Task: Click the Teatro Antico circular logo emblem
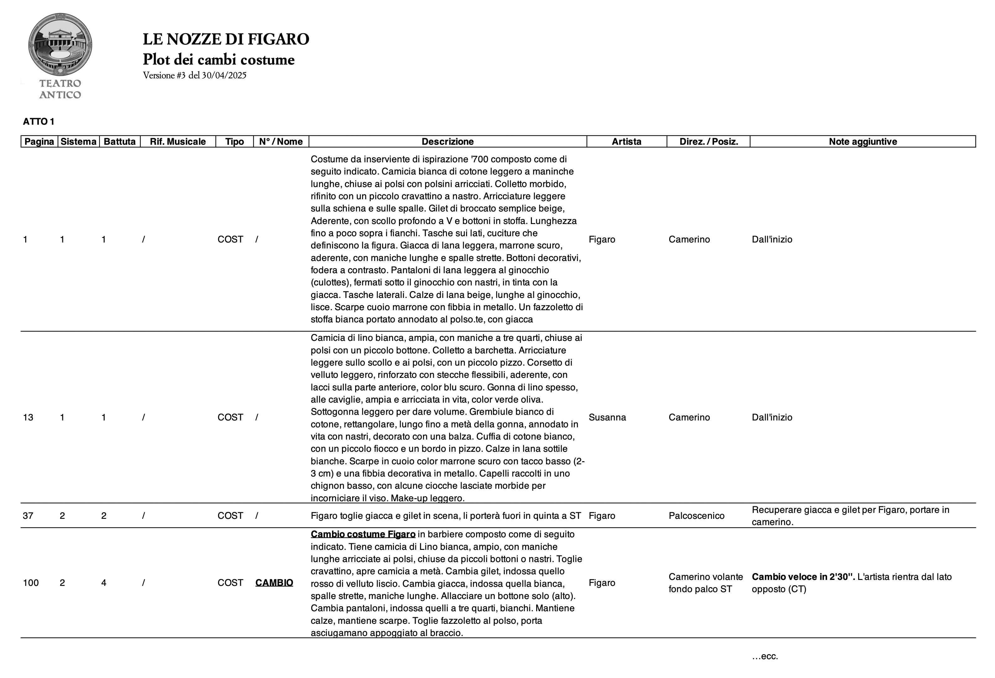(x=60, y=44)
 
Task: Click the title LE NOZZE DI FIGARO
(x=225, y=39)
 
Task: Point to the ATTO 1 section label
(x=39, y=122)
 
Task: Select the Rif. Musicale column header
(x=178, y=142)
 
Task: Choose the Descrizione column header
(x=448, y=142)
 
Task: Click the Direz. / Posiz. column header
(x=708, y=142)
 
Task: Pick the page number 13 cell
(x=28, y=417)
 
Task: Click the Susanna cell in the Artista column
(x=607, y=417)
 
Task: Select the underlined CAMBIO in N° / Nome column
(x=274, y=582)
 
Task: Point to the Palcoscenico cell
(x=696, y=516)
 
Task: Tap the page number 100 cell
(x=31, y=582)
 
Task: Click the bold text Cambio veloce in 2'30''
(x=803, y=577)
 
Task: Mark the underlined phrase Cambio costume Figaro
(x=363, y=534)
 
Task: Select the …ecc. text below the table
(x=765, y=656)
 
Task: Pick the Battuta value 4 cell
(x=104, y=582)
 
